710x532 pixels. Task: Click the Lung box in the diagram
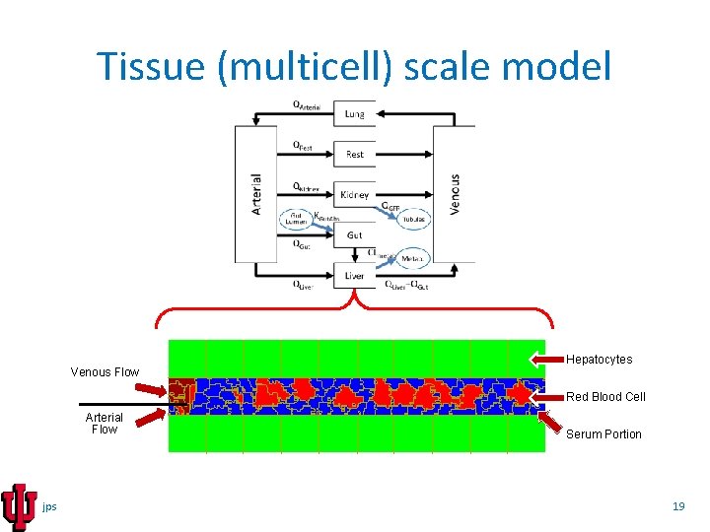click(354, 113)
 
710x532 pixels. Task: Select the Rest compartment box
click(354, 154)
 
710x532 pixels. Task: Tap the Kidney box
click(354, 195)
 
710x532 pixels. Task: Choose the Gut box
click(354, 235)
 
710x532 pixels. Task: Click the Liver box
click(354, 276)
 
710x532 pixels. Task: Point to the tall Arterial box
click(255, 194)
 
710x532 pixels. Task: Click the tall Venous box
click(454, 194)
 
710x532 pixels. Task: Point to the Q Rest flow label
click(304, 146)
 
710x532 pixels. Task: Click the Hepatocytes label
click(599, 360)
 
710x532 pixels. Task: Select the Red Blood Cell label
click(605, 397)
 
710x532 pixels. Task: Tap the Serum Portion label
click(603, 434)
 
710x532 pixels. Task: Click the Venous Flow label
click(105, 372)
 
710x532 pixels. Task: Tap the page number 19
click(677, 506)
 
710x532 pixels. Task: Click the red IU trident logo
click(20, 506)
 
